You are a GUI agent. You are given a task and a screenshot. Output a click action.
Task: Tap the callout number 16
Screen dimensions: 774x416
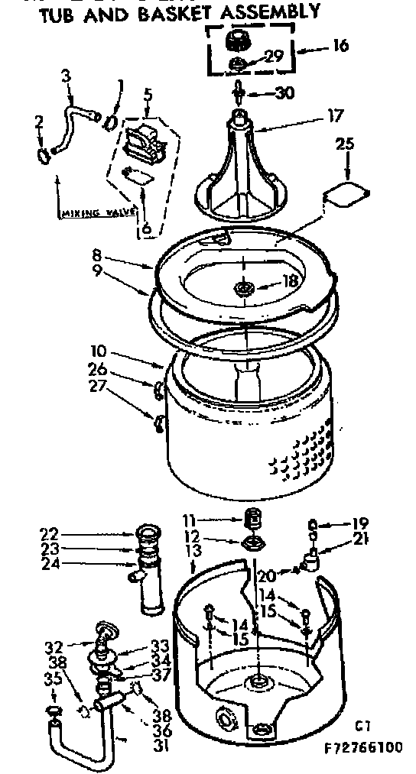pyautogui.click(x=340, y=46)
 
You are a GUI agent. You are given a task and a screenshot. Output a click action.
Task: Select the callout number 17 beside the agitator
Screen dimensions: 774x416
pyautogui.click(x=333, y=118)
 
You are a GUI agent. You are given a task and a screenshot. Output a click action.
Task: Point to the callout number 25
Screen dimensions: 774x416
pyautogui.click(x=345, y=144)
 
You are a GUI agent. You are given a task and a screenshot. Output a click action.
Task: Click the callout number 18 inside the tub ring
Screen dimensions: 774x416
pyautogui.click(x=290, y=282)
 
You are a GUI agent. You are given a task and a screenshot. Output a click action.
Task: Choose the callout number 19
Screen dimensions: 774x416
pyautogui.click(x=360, y=523)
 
